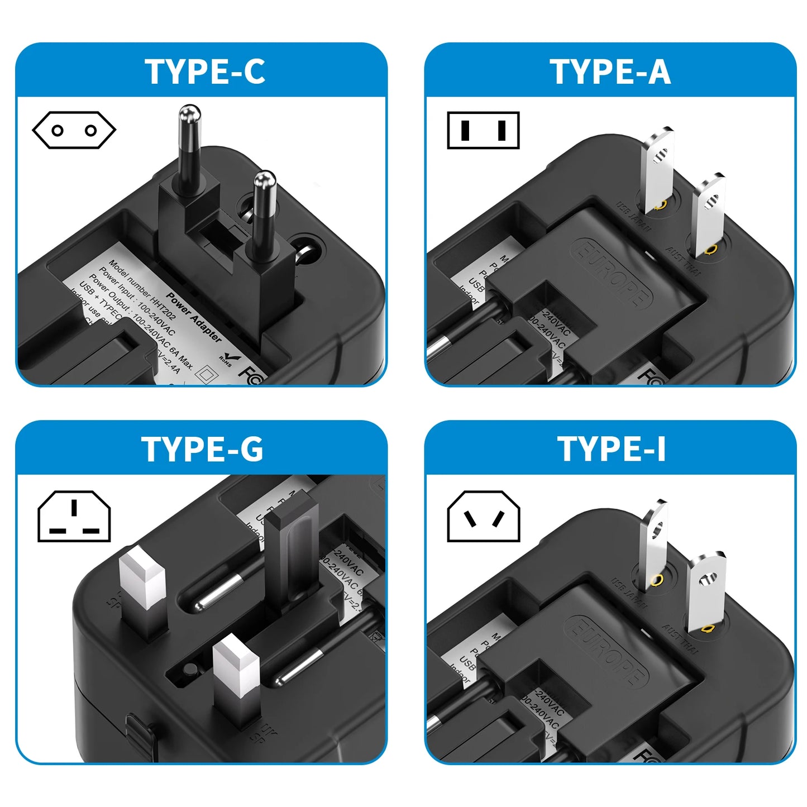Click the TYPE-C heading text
(204, 71)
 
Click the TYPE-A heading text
(610, 71)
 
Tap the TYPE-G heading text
(202, 449)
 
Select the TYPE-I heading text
(611, 449)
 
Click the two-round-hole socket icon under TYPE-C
(74, 131)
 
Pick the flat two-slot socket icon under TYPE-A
(483, 131)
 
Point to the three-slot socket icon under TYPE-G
(74, 516)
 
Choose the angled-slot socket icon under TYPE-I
(483, 516)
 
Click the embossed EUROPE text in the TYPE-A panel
(612, 274)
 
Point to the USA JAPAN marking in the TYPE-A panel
(633, 217)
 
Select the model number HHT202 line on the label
(142, 290)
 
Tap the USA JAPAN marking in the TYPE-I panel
(629, 593)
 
